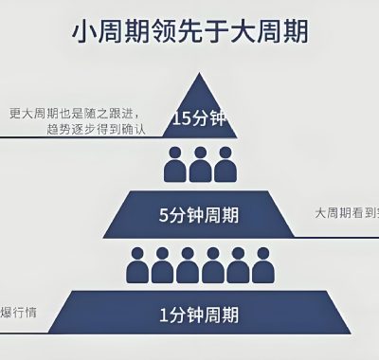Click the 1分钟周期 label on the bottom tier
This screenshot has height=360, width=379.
199,313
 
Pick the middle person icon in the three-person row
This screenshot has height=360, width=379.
199,165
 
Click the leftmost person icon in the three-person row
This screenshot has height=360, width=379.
174,165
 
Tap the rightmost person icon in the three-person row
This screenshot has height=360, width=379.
224,165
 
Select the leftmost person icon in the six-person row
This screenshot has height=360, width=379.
137,266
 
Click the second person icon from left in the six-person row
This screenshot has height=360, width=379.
162,266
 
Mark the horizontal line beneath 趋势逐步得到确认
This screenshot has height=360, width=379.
76,137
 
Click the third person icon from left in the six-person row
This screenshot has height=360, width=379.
187,266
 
